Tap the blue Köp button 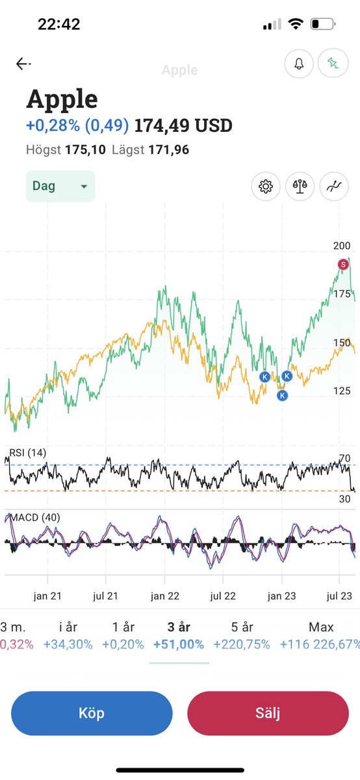coord(92,713)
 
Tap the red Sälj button coord(268,713)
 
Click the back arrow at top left coord(23,64)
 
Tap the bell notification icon coord(300,64)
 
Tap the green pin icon coord(333,64)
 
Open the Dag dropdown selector coord(60,186)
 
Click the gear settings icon coord(266,187)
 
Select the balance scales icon coord(300,187)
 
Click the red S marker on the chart coord(343,264)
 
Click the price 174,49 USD coord(183,125)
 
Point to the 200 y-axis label coord(342,246)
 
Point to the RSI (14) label coord(28,452)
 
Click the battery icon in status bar coord(322,25)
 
